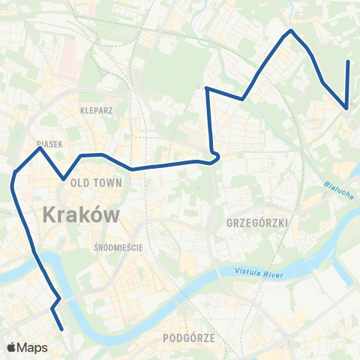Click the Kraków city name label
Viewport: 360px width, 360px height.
(82, 214)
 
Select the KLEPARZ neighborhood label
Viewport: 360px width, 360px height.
(96, 109)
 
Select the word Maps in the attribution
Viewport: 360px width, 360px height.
(33, 347)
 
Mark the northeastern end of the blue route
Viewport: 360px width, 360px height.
(349, 61)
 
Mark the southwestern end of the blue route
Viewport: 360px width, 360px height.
(61, 328)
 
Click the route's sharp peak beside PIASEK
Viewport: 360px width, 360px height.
(40, 148)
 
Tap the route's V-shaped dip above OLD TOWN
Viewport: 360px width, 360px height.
(64, 179)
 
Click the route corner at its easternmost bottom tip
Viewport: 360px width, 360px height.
(346, 108)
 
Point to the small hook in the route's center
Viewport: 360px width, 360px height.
(214, 157)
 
